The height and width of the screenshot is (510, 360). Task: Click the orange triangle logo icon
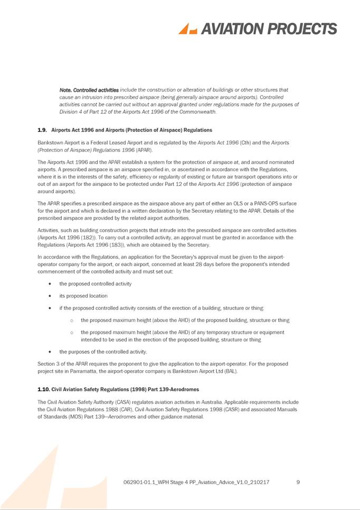pyautogui.click(x=187, y=29)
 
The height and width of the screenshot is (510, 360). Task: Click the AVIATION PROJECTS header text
pyautogui.click(x=268, y=29)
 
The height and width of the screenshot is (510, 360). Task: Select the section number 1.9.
pyautogui.click(x=42, y=130)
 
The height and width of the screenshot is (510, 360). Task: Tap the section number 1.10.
pyautogui.click(x=43, y=390)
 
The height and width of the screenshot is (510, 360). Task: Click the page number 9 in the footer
pyautogui.click(x=298, y=482)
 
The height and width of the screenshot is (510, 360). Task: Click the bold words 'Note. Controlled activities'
pyautogui.click(x=89, y=90)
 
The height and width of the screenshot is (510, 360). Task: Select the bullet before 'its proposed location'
pyautogui.click(x=49, y=296)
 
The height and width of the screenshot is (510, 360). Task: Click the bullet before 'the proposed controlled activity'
pyautogui.click(x=49, y=284)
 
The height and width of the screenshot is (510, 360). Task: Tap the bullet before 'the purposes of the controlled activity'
pyautogui.click(x=49, y=352)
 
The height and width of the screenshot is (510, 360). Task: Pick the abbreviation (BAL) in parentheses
pyautogui.click(x=230, y=371)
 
